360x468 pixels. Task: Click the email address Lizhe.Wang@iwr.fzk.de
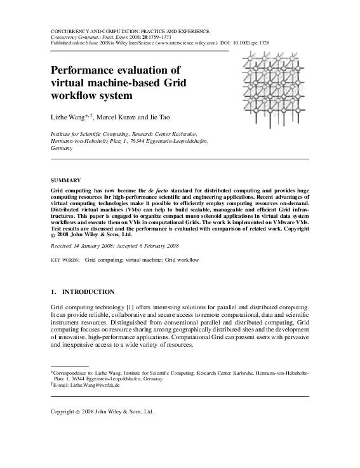pos(87,384)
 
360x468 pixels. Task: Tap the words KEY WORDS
pos(64,260)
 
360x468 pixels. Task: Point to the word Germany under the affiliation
pos(62,148)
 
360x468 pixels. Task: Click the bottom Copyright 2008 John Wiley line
pos(102,411)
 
